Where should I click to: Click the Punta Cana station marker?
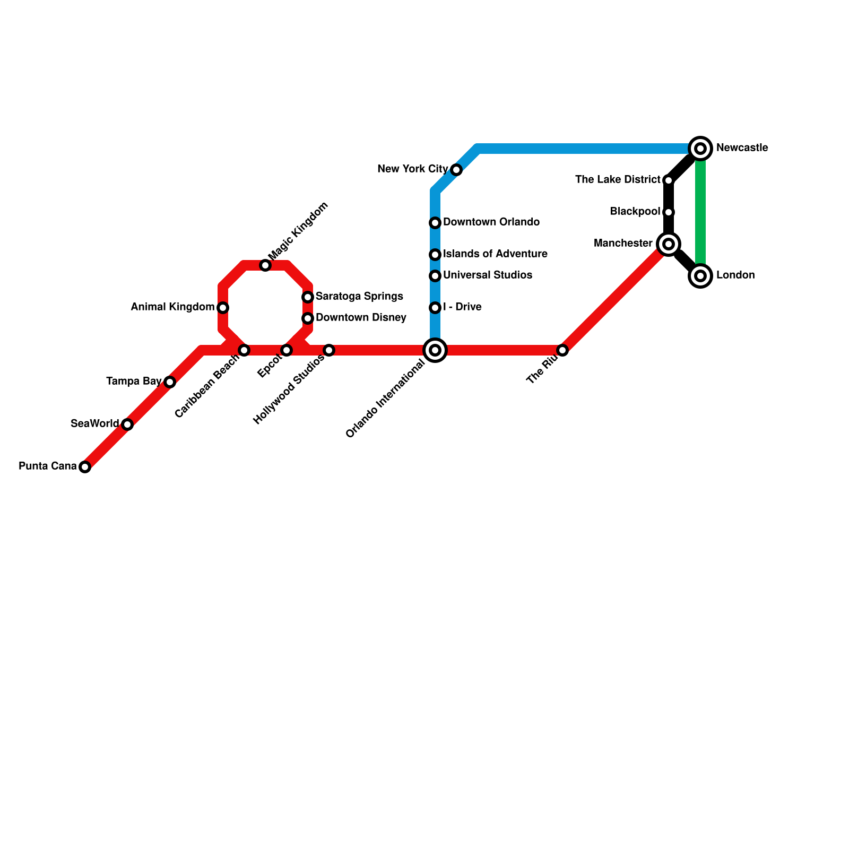click(x=85, y=467)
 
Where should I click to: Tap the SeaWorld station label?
click(x=94, y=423)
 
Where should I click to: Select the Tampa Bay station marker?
click(x=170, y=382)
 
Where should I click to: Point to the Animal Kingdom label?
click(x=172, y=307)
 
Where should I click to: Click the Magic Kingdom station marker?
click(x=265, y=265)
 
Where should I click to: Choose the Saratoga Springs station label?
click(x=359, y=296)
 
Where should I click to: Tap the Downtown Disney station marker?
click(x=308, y=318)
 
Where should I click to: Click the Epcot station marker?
click(x=287, y=350)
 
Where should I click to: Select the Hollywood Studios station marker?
click(x=329, y=350)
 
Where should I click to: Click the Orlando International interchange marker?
click(x=435, y=350)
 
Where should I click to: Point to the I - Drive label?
click(x=462, y=307)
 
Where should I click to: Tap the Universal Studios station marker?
click(x=435, y=276)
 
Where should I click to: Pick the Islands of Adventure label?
click(x=495, y=254)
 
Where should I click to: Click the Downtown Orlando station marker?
click(x=435, y=223)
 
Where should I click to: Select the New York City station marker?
click(x=456, y=170)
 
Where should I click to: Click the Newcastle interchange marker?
click(x=700, y=149)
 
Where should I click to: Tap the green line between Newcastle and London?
click(x=700, y=212)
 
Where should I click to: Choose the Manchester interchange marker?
click(x=669, y=244)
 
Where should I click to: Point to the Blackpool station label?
click(x=635, y=211)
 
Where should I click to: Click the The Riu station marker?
click(x=562, y=350)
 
